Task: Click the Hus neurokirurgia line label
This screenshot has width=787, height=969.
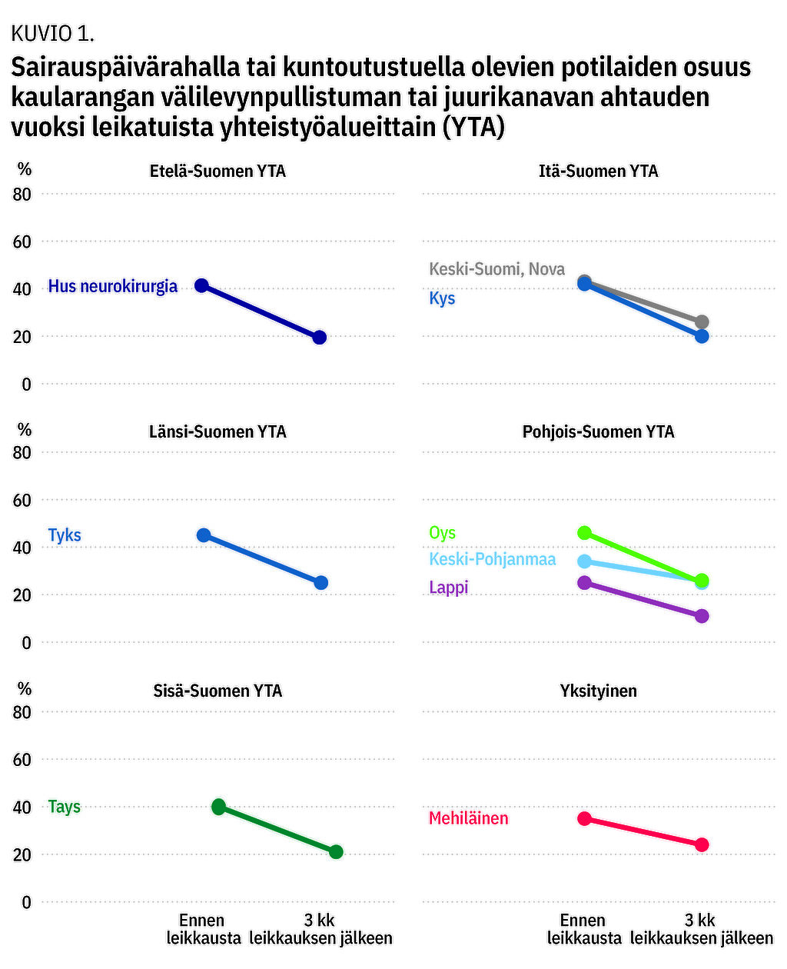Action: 112,286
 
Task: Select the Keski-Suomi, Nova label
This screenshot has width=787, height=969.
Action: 496,269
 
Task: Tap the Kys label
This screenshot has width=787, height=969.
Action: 442,298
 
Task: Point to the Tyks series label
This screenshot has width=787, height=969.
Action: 65,535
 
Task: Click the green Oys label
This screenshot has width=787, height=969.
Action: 442,533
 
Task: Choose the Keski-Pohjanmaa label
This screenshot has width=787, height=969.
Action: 492,559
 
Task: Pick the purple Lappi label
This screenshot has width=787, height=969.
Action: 448,588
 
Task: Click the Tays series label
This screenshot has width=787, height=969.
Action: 65,807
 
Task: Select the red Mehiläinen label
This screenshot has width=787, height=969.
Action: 468,818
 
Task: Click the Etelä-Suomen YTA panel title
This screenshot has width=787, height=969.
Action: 218,171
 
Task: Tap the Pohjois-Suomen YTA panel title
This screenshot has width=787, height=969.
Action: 598,431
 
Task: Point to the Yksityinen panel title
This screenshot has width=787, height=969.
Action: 598,691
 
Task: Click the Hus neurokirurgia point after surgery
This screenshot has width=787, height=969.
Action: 320,337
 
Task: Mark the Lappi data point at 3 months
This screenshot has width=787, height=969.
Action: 701,616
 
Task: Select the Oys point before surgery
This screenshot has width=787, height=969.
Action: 584,533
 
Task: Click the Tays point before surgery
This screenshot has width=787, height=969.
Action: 219,807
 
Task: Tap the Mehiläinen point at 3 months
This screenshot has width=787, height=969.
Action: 701,844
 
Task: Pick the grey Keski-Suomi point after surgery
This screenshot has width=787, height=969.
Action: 701,322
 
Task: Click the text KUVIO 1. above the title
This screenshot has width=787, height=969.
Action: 52,33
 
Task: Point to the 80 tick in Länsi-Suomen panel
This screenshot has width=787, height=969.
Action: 22,452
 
